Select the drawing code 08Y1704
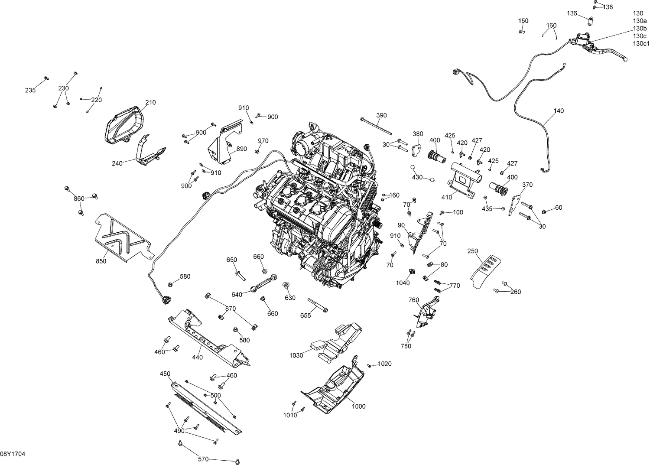tap(13, 454)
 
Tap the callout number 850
tap(101, 261)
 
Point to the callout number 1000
tap(358, 406)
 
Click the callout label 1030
tap(296, 355)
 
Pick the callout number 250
tap(473, 251)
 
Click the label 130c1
tap(641, 44)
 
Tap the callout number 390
tap(381, 115)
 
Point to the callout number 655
tap(305, 315)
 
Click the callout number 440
tap(197, 358)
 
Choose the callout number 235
tap(30, 90)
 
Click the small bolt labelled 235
tap(46, 78)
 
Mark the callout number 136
tap(572, 13)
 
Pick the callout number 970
tap(263, 141)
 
